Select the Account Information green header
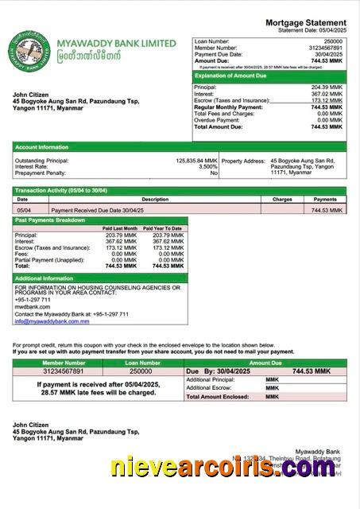(42, 146)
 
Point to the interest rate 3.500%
(207, 166)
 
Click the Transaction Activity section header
(60, 191)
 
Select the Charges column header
(282, 200)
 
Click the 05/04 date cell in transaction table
(25, 210)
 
